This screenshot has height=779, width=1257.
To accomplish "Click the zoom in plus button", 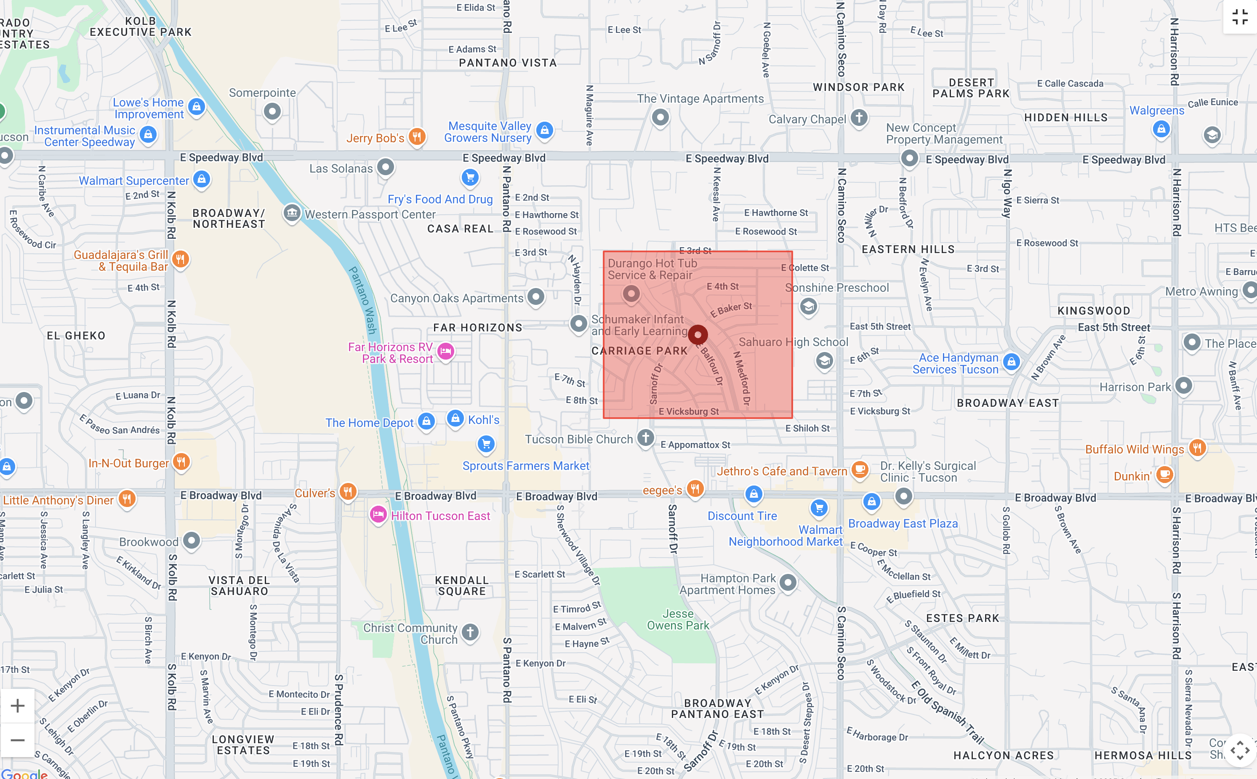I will tap(18, 706).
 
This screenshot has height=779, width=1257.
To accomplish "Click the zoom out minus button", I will tap(18, 740).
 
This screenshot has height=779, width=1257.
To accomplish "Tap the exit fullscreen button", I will tap(1239, 17).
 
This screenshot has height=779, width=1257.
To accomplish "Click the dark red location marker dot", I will tap(698, 335).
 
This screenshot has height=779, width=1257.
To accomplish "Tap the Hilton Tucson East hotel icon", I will tap(378, 515).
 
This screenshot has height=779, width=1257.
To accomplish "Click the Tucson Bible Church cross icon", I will tap(646, 438).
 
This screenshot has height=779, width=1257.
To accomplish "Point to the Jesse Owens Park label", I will tap(678, 619).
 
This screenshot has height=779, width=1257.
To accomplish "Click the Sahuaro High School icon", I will tap(824, 360).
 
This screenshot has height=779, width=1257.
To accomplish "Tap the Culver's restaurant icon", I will tap(348, 491).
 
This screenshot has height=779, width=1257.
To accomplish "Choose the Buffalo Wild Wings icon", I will tap(1197, 448).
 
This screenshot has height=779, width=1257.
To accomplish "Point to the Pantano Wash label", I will tap(362, 300).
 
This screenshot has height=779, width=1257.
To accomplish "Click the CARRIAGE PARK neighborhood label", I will tap(639, 351).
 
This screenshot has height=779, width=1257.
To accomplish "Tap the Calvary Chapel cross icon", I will tap(859, 117).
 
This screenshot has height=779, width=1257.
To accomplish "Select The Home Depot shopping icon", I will tap(426, 422).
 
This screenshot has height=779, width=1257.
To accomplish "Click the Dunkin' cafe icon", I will tap(1164, 475).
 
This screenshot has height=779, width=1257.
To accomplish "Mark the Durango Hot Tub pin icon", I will tap(631, 294).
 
